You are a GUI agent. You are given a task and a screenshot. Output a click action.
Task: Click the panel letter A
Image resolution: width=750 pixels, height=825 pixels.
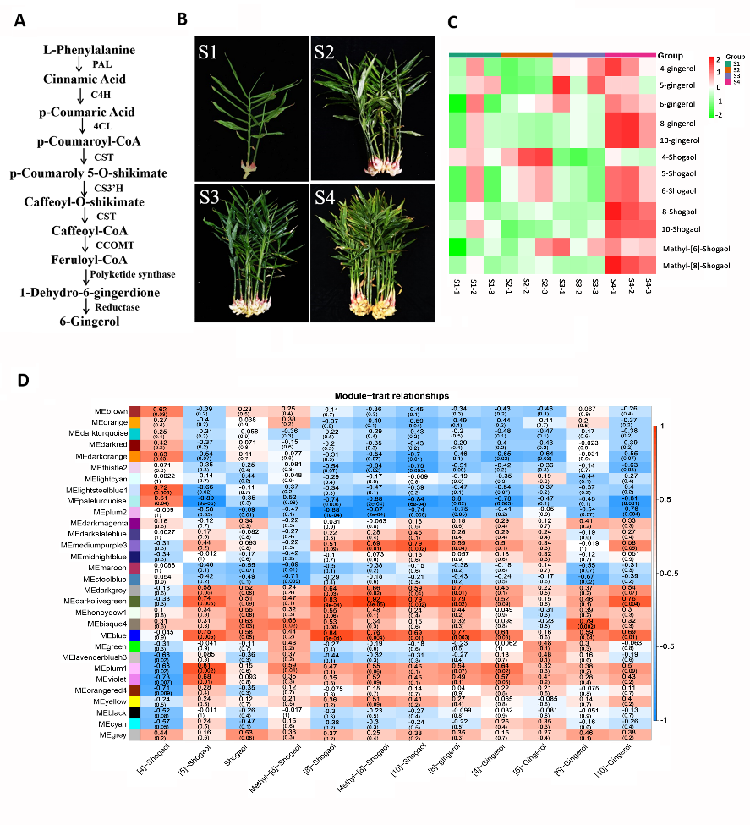tap(19, 19)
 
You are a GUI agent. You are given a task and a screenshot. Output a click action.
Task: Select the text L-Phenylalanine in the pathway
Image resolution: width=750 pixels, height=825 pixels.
tap(89, 50)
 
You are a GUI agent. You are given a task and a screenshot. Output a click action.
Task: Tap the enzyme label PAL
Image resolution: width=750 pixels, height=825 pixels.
tap(102, 64)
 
